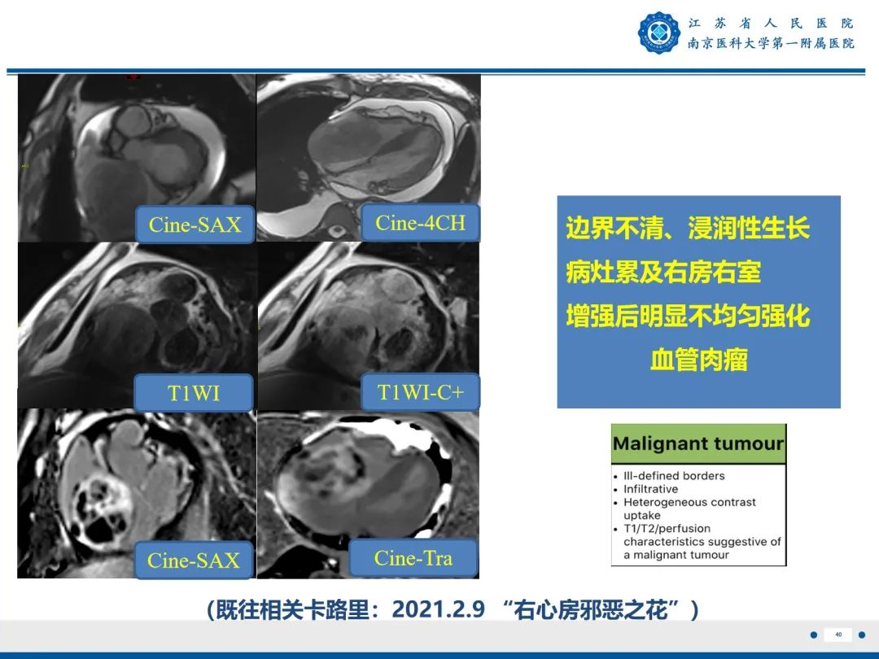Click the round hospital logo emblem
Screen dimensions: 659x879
pyautogui.click(x=658, y=33)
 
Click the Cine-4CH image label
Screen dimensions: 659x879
pyautogui.click(x=420, y=223)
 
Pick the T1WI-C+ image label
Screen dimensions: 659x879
pyautogui.click(x=420, y=392)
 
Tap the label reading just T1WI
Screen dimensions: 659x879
pyautogui.click(x=194, y=394)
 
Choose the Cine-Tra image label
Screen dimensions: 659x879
pyautogui.click(x=413, y=558)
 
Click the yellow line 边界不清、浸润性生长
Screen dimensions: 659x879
pyautogui.click(x=688, y=229)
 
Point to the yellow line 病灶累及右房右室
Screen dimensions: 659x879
pyautogui.click(x=663, y=272)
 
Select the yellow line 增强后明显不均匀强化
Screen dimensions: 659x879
pyautogui.click(x=688, y=316)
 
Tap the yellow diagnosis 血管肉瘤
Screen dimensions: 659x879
pyautogui.click(x=698, y=360)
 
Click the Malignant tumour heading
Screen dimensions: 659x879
pyautogui.click(x=698, y=444)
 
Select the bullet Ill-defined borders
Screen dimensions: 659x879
pyautogui.click(x=674, y=476)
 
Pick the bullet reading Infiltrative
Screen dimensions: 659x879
pyautogui.click(x=650, y=489)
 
